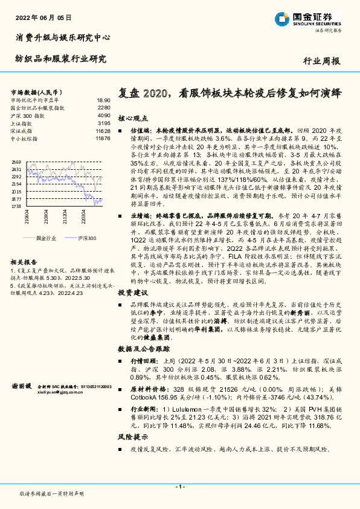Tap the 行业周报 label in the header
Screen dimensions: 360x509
click(321, 61)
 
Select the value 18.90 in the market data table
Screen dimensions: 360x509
click(103, 100)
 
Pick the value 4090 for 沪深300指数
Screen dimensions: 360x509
click(103, 115)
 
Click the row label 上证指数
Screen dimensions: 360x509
click(23, 123)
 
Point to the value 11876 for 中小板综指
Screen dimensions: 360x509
click(102, 138)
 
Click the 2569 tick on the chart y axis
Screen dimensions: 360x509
click(16, 162)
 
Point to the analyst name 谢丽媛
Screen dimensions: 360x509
click(20, 385)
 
